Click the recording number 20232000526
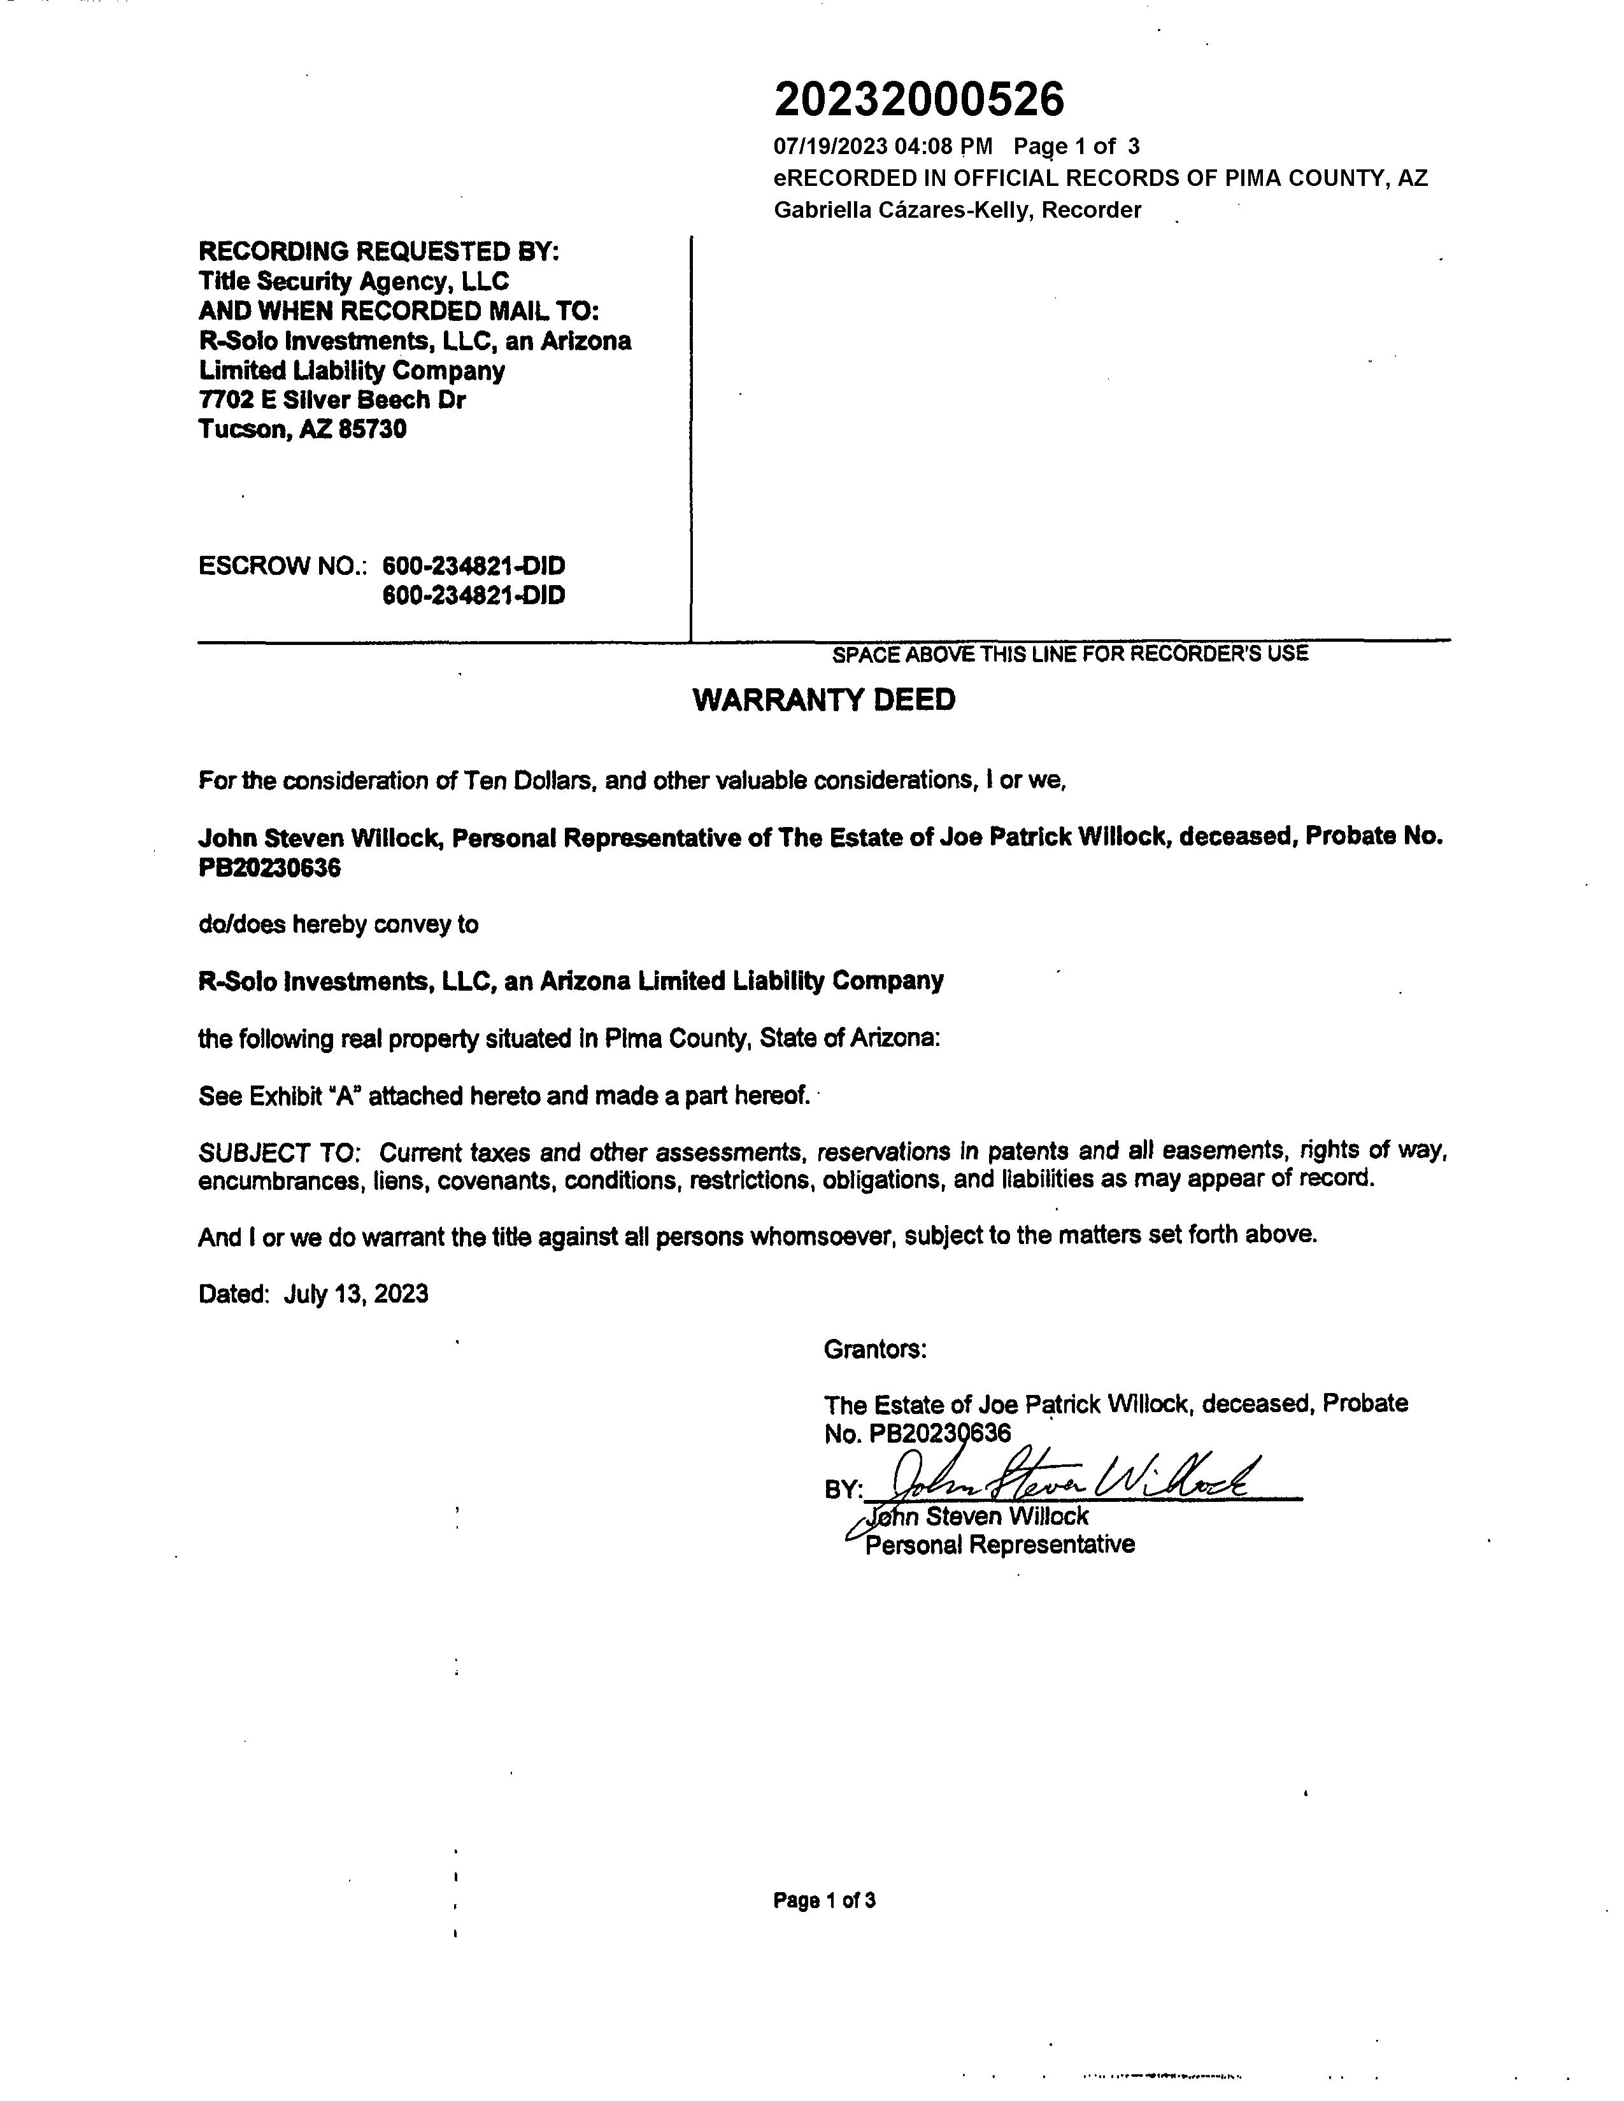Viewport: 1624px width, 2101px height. point(919,99)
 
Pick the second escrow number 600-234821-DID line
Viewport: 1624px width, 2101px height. point(473,595)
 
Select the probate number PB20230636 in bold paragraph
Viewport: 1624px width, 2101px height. point(269,868)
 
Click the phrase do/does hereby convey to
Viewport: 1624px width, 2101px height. point(338,924)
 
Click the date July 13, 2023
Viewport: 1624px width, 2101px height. point(356,1293)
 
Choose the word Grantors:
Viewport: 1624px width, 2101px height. point(874,1350)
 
